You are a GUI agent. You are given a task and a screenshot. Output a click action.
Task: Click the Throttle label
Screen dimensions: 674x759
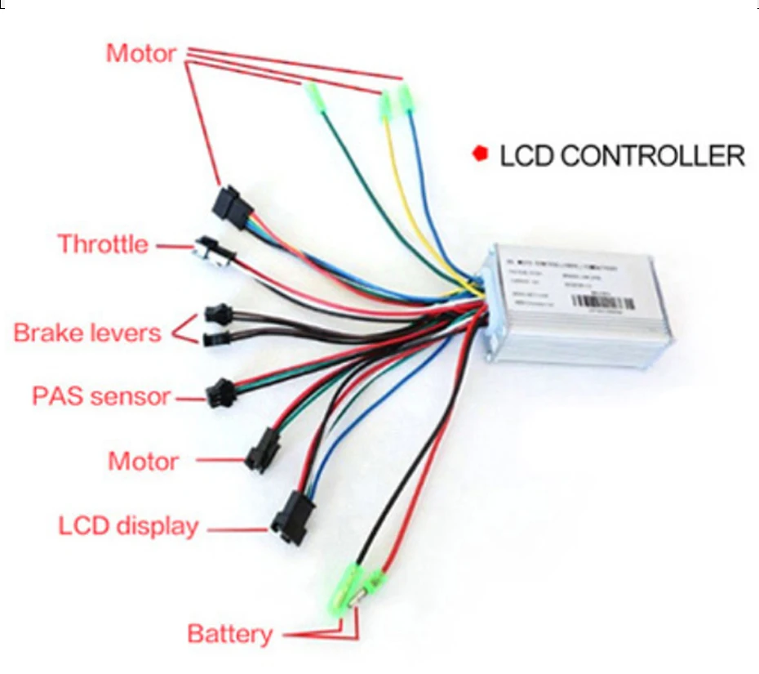[x=103, y=244]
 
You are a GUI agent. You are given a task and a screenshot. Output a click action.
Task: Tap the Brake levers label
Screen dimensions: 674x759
[x=87, y=333]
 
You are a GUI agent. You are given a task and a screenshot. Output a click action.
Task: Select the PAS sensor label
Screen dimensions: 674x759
[x=102, y=397]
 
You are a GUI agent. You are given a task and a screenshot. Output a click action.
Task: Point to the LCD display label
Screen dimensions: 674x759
[x=128, y=525]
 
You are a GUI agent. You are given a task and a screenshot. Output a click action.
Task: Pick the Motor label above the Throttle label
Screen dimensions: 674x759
[x=140, y=54]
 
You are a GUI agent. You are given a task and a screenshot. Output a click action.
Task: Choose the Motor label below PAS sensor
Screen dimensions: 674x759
[x=143, y=461]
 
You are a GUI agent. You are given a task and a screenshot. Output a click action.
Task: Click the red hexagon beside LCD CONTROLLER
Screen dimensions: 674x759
[x=480, y=153]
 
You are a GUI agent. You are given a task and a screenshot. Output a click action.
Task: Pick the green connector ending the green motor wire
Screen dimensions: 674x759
[x=312, y=97]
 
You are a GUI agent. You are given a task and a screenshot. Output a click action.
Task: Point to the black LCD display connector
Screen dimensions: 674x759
[x=290, y=516]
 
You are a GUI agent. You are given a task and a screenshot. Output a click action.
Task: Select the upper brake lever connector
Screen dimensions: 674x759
[x=215, y=312]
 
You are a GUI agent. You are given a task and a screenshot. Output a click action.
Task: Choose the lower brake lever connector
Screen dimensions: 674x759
[x=213, y=337]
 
